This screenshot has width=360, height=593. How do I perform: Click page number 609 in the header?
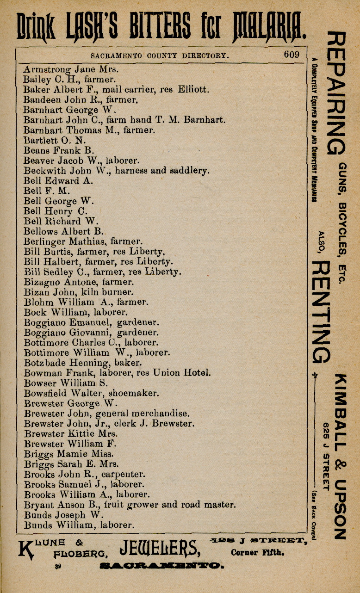(292, 55)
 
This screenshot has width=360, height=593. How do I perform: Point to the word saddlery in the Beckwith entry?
(188, 171)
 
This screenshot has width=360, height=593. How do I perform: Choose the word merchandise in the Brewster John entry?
(161, 414)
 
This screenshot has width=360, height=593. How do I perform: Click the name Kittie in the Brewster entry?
(81, 434)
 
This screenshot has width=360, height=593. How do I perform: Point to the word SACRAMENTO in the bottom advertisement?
(161, 566)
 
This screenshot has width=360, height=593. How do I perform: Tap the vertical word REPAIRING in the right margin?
(336, 93)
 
